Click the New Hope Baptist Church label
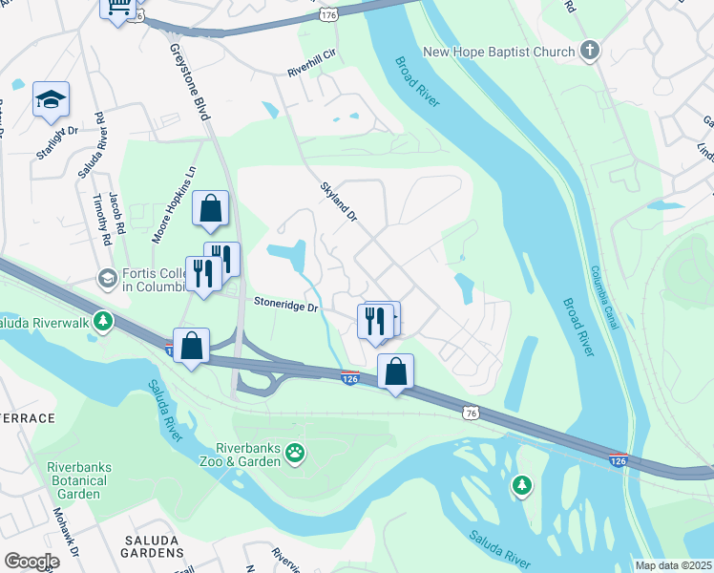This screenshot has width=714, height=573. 498,52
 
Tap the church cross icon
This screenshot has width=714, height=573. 589,52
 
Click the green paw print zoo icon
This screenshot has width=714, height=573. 296,454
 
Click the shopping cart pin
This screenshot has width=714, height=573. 118,9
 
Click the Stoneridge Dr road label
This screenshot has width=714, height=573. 284,306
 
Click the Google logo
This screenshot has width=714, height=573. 31,562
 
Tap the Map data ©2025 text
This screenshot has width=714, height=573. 673,565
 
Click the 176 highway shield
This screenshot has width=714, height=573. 329,15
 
